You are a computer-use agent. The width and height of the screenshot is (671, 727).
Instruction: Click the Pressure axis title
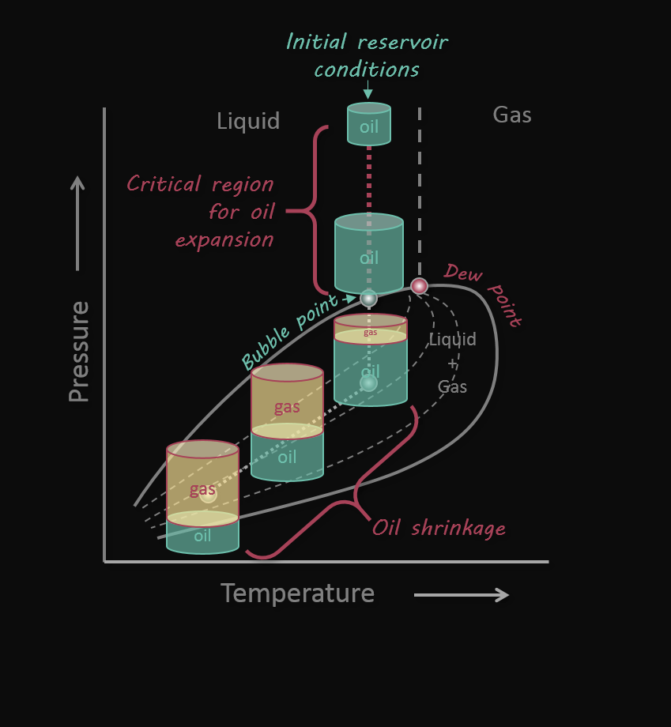click(79, 352)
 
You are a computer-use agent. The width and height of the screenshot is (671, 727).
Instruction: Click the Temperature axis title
click(297, 593)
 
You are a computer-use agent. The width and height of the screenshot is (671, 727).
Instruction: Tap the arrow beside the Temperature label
click(462, 594)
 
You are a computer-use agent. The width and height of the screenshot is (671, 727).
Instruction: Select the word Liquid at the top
click(248, 121)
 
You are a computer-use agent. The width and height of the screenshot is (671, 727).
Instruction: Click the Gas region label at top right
click(512, 115)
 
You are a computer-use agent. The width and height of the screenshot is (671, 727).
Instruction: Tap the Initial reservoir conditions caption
click(367, 55)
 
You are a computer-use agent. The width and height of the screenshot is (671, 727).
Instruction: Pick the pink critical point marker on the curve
click(419, 286)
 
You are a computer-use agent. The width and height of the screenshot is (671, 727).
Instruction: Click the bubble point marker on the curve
click(369, 298)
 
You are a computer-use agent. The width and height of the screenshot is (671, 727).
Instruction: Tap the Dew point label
click(484, 293)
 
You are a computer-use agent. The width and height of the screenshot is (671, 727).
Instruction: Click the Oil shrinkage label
click(439, 528)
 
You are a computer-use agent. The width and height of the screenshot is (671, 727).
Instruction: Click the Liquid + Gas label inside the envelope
click(453, 363)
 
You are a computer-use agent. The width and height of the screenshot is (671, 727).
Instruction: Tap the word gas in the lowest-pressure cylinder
click(202, 489)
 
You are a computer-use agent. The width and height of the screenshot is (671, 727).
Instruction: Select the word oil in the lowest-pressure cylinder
click(202, 536)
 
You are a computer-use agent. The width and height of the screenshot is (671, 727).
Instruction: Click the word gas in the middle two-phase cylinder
click(287, 407)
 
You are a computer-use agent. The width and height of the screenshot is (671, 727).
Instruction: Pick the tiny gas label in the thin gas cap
click(370, 332)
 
